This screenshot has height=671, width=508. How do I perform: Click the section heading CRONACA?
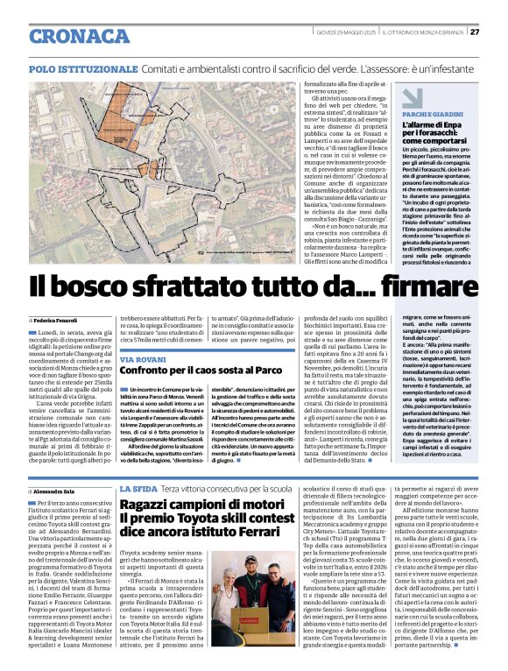click(x=79, y=36)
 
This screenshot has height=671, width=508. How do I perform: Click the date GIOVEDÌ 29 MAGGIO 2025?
click(x=345, y=32)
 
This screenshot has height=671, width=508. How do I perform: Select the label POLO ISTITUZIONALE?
click(x=82, y=67)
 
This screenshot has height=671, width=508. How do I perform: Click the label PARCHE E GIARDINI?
click(x=433, y=115)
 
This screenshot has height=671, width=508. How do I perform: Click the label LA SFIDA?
click(x=138, y=488)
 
